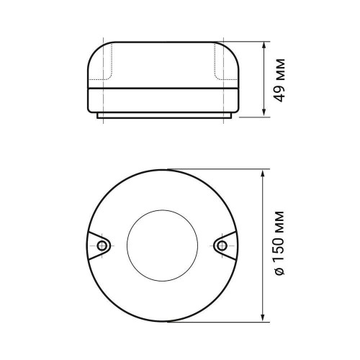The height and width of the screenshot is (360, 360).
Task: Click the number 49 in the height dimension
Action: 282,91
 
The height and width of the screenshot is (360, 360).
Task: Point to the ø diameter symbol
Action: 282,274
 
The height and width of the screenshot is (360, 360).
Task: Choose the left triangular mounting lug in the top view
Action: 99,246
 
